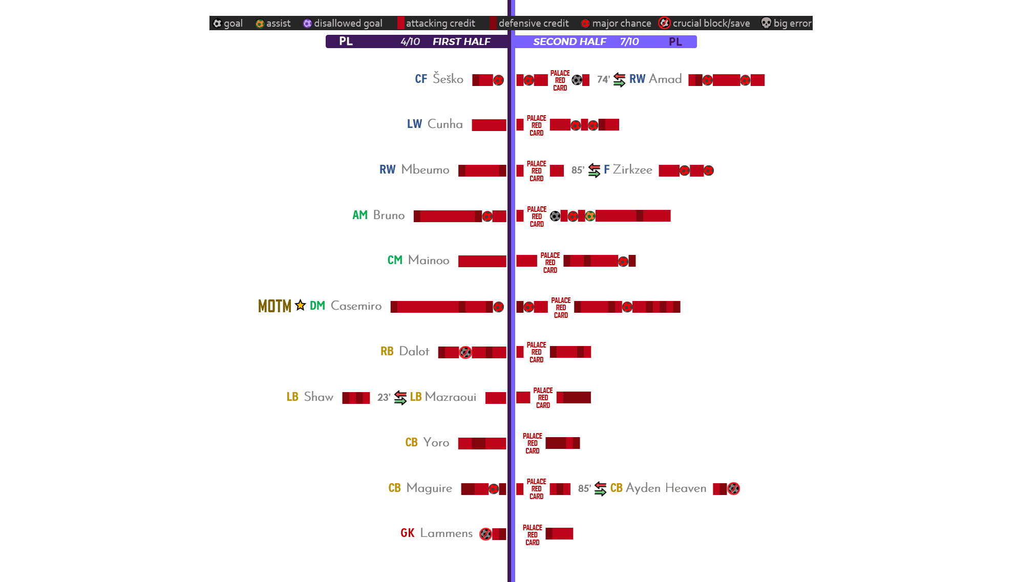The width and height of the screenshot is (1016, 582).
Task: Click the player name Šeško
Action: (448, 79)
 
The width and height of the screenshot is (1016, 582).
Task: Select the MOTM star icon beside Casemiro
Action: (301, 306)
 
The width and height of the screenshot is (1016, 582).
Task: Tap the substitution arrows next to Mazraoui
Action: (400, 397)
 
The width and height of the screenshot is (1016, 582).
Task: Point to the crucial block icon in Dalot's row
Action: (465, 352)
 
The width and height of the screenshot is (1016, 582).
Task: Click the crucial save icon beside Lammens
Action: (485, 534)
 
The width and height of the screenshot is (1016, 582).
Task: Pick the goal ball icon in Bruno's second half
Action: (555, 216)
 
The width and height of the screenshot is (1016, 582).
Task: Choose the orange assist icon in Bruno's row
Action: (590, 216)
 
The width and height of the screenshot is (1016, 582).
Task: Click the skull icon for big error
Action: (766, 23)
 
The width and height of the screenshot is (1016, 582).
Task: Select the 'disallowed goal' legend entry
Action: (343, 23)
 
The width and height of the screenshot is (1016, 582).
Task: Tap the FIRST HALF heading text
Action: (461, 41)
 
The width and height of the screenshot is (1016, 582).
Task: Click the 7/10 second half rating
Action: (629, 41)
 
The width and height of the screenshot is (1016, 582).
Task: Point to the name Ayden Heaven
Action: (666, 488)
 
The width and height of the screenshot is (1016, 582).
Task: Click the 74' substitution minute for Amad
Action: (603, 79)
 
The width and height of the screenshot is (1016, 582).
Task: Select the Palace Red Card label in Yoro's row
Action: (533, 443)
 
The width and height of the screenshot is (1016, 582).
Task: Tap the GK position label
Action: (408, 533)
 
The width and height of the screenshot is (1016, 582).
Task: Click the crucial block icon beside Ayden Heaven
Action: (734, 489)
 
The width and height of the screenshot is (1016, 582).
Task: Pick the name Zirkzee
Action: (632, 170)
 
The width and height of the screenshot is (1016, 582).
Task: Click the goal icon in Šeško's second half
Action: (577, 80)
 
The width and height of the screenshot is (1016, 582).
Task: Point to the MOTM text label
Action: (274, 306)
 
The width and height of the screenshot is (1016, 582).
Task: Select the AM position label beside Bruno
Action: (360, 215)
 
